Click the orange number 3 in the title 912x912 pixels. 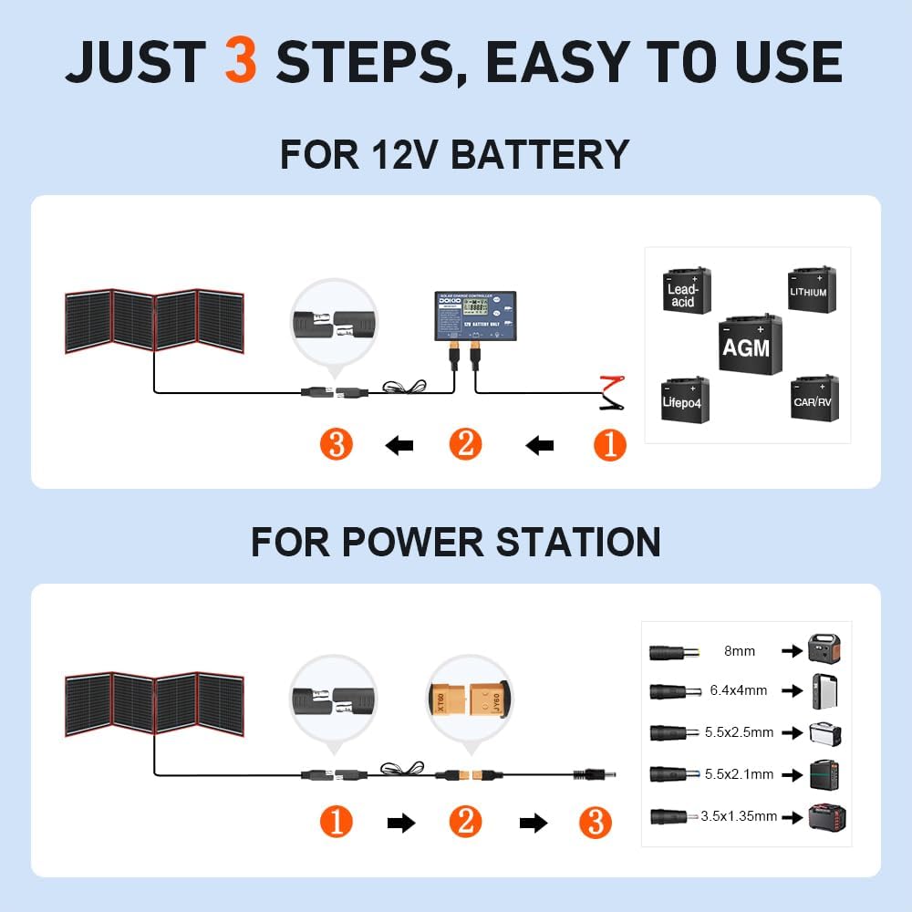click(x=241, y=62)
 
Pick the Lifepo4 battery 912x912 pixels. click(x=684, y=399)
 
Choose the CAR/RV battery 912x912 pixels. click(x=814, y=398)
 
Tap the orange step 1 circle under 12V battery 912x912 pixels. click(x=610, y=445)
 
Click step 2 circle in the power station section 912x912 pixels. click(x=465, y=822)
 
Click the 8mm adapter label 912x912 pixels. click(x=739, y=651)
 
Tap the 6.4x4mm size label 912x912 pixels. click(x=739, y=691)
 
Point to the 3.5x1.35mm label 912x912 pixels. click(x=739, y=816)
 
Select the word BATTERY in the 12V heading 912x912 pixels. click(x=540, y=154)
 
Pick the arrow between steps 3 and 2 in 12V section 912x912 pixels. click(x=399, y=445)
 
